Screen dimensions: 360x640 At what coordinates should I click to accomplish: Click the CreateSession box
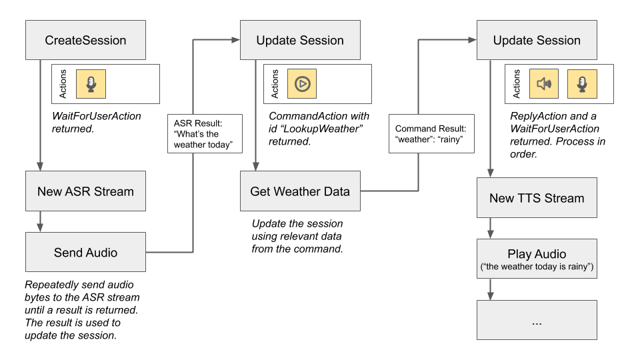pos(85,40)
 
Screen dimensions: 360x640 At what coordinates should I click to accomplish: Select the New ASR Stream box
pos(85,191)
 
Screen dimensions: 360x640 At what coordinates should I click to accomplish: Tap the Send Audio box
pos(85,253)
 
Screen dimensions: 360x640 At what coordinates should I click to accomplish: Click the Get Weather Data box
pos(300,191)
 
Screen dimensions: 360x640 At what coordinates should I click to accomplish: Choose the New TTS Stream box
pos(536,198)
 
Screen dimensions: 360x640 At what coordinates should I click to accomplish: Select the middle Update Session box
pos(300,40)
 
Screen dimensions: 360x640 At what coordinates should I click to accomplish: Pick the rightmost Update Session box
pos(536,40)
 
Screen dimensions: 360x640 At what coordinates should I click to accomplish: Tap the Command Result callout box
pos(431,134)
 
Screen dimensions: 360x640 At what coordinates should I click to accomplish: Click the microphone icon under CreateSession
pos(91,84)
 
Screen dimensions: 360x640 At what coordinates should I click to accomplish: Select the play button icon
pos(302,84)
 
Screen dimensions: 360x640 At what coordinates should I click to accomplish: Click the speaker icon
pos(544,84)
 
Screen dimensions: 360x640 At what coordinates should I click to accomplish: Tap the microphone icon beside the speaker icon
pos(581,84)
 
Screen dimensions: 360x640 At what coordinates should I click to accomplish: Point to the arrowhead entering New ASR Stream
pos(41,166)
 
